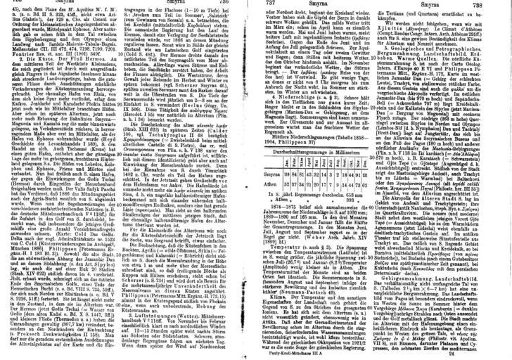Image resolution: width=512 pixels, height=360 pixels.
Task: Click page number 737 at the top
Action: pyautogui.click(x=267, y=4)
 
